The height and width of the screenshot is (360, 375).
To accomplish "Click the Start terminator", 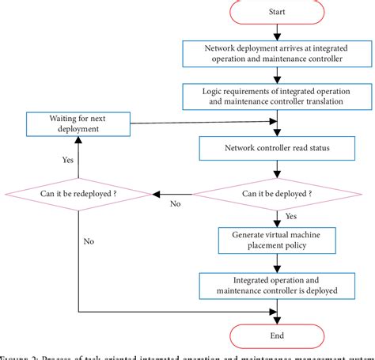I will pyautogui.click(x=277, y=13).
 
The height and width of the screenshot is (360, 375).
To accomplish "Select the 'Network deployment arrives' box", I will pyautogui.click(x=272, y=52).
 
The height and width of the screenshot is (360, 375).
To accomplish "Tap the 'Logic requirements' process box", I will pyautogui.click(x=272, y=97).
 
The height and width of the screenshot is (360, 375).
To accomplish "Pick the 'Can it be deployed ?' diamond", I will pyautogui.click(x=276, y=193).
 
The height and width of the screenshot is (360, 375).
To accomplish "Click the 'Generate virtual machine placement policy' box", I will pyautogui.click(x=271, y=238).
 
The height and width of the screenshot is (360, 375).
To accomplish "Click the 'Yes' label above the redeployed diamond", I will pyautogui.click(x=67, y=159).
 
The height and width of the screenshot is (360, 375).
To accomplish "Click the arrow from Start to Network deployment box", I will pyautogui.click(x=276, y=31).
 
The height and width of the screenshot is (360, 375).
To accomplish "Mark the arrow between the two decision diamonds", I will pyautogui.click(x=173, y=193).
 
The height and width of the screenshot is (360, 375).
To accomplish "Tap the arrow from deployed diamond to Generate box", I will pyautogui.click(x=276, y=218).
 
